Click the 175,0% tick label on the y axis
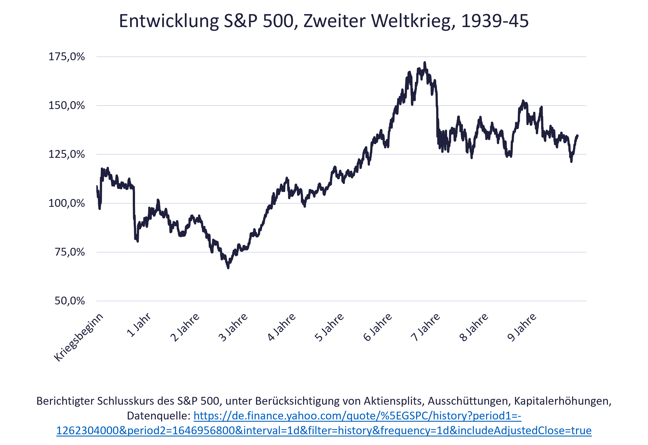(x=67, y=57)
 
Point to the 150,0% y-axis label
(x=67, y=105)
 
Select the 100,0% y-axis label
(x=67, y=203)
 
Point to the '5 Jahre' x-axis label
(x=329, y=327)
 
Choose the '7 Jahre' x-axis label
(x=426, y=327)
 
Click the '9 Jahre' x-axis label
(x=522, y=327)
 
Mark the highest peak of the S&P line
(x=425, y=62)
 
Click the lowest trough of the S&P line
(x=228, y=268)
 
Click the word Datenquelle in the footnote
(x=158, y=416)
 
